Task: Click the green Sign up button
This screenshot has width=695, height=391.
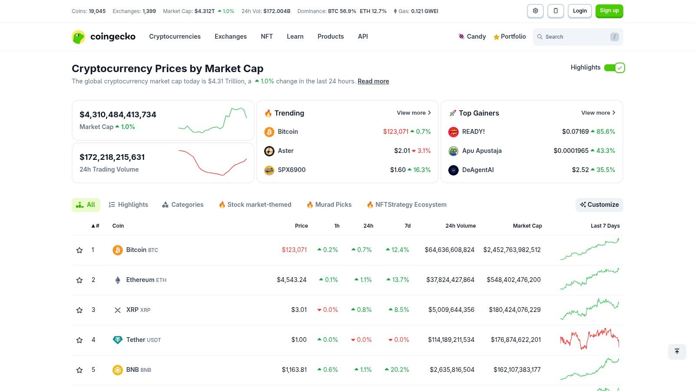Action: pos(609,11)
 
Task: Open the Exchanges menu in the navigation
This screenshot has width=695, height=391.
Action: pos(230,36)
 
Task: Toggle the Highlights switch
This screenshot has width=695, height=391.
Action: pos(614,68)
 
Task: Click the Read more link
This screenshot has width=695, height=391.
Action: pos(373,81)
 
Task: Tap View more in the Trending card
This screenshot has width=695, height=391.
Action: pos(414,113)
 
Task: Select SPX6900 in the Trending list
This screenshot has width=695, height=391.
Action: pos(291,170)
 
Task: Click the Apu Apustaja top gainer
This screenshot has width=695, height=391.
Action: pos(481,151)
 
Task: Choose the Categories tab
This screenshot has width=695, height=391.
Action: pos(182,205)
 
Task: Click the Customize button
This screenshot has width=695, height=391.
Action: pos(599,205)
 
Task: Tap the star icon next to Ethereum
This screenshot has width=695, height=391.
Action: pos(79,280)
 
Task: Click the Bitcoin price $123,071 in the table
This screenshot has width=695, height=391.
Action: pos(294,250)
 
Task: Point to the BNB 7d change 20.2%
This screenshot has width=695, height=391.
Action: pos(397,370)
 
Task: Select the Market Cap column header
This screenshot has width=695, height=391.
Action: pos(527,226)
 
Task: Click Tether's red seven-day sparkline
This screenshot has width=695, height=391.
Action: pos(589,340)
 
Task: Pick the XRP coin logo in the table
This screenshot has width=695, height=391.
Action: pos(117,310)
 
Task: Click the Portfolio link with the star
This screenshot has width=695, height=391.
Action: pos(510,37)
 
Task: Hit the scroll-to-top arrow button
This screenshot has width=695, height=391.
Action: pos(677,351)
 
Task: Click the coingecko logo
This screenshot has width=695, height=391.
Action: pos(103,37)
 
